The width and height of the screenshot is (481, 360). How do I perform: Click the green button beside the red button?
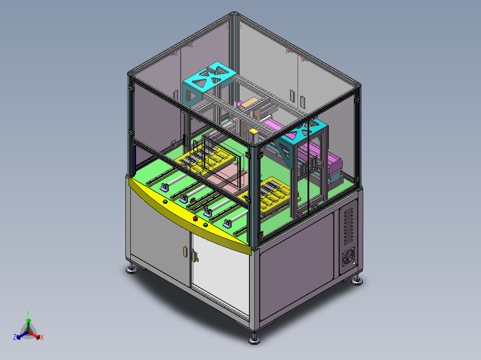click(x=206, y=225)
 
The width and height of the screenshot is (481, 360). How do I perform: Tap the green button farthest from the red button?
click(x=166, y=201)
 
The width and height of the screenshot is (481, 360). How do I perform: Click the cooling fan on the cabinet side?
click(x=348, y=257)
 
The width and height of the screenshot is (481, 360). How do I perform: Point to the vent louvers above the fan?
click(x=349, y=226)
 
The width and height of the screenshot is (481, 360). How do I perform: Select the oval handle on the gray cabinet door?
click(x=185, y=252)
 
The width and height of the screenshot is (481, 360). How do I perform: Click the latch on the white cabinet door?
click(x=195, y=256)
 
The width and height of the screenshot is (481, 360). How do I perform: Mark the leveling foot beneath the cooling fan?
click(x=357, y=281)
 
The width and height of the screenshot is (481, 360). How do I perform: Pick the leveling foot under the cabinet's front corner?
click(x=254, y=340)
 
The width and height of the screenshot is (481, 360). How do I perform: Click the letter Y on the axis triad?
click(x=28, y=313)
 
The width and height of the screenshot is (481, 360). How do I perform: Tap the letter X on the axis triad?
click(x=42, y=337)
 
